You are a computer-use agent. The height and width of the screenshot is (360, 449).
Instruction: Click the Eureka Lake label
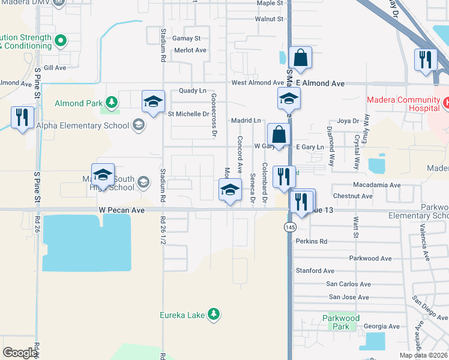(183, 314)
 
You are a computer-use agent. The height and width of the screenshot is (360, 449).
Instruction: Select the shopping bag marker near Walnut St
(300, 59)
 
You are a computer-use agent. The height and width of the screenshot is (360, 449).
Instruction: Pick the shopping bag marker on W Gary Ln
(279, 134)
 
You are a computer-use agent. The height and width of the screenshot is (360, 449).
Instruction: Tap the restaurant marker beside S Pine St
(22, 118)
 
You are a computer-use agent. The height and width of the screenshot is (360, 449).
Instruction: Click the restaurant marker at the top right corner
(424, 60)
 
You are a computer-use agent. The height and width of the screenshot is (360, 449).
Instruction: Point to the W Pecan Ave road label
(122, 211)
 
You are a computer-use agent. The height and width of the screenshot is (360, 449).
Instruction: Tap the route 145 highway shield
(291, 227)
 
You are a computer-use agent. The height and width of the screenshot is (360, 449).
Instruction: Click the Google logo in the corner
(20, 352)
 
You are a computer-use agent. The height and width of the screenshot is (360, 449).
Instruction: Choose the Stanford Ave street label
(315, 271)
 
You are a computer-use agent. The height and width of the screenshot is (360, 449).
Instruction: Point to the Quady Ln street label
(192, 91)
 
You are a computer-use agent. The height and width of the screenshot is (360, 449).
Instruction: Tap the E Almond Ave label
(320, 83)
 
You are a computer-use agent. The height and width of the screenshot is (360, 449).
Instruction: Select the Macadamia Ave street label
(376, 185)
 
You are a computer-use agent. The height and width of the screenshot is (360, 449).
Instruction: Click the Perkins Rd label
(311, 241)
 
